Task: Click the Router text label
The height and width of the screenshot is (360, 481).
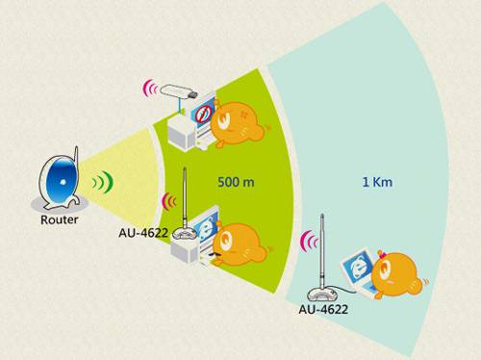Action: click(x=59, y=219)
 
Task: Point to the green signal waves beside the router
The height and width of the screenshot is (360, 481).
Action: click(x=99, y=181)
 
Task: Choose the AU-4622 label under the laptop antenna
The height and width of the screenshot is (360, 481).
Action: click(x=322, y=309)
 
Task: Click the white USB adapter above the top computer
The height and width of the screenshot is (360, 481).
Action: click(x=179, y=92)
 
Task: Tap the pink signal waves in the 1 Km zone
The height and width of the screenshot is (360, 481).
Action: click(x=308, y=241)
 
